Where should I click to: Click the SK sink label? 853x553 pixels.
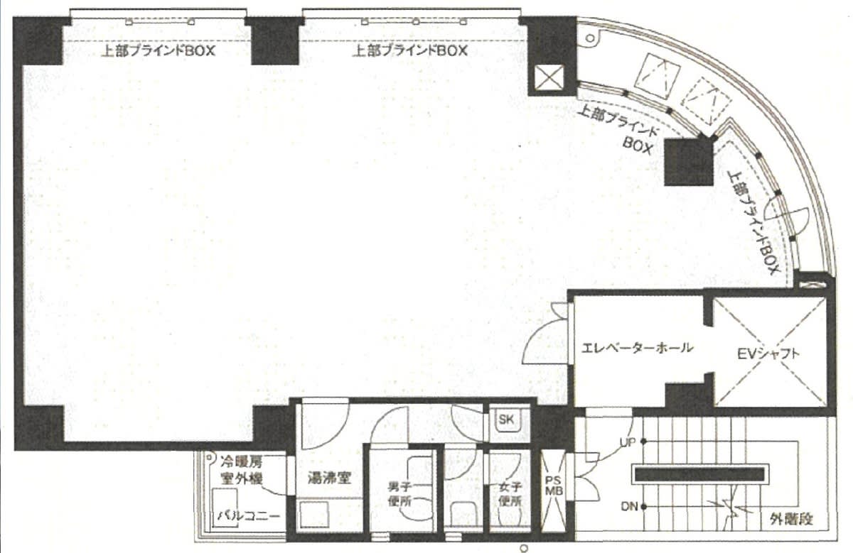[x=506, y=420]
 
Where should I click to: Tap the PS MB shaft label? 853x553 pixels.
[x=554, y=486]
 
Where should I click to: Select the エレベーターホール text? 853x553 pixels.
[x=637, y=348]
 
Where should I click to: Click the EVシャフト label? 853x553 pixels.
[x=768, y=354]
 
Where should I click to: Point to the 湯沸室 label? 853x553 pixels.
[x=329, y=478]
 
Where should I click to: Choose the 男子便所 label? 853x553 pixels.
[x=399, y=494]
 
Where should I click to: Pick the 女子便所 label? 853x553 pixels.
[x=510, y=494]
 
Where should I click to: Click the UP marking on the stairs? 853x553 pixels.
[x=628, y=442]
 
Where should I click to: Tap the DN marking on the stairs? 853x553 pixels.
[x=630, y=507]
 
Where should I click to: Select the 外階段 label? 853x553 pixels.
[x=791, y=519]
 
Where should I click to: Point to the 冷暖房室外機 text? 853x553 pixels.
[x=242, y=470]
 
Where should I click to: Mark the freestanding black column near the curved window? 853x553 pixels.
[x=689, y=162]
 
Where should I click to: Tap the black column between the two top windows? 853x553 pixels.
[x=275, y=41]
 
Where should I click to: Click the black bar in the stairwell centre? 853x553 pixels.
[x=700, y=474]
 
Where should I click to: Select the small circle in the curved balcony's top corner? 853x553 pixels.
[x=590, y=38]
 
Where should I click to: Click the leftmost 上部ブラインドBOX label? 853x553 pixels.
[x=158, y=51]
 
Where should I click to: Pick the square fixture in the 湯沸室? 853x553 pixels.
[x=314, y=515]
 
